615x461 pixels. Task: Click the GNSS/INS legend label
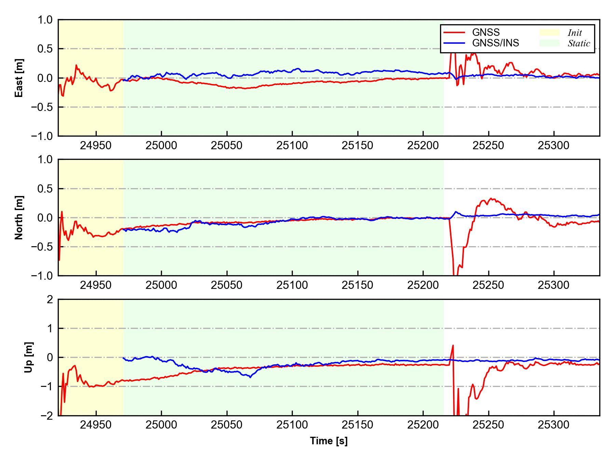(x=495, y=43)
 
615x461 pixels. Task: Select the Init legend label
(x=575, y=33)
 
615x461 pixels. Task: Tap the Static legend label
(x=579, y=43)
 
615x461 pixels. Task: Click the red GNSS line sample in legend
(x=454, y=32)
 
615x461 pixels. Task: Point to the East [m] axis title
(x=19, y=78)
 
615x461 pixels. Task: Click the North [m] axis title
(x=19, y=218)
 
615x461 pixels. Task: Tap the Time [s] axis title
(x=329, y=441)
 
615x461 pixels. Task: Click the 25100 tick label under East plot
(x=292, y=145)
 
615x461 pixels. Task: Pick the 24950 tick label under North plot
(x=96, y=285)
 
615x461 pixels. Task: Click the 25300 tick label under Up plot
(x=553, y=425)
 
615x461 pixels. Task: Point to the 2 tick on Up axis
(x=50, y=299)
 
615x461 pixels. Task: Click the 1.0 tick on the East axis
(x=45, y=20)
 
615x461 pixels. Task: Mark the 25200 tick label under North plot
(x=423, y=285)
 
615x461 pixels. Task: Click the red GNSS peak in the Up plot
(x=453, y=345)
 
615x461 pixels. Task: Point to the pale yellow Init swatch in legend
(x=549, y=32)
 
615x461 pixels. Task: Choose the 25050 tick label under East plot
(x=227, y=145)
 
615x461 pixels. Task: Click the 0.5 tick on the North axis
(x=45, y=188)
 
